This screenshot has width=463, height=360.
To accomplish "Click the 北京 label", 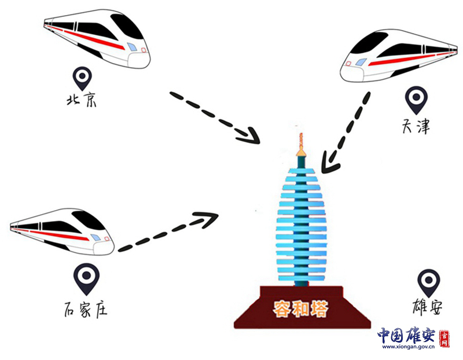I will pyautogui.click(x=82, y=100).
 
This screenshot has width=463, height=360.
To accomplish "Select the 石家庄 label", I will pyautogui.click(x=84, y=309).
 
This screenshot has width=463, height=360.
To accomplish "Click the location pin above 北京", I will pyautogui.click(x=83, y=77).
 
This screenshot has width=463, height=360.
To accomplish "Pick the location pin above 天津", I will pyautogui.click(x=415, y=99).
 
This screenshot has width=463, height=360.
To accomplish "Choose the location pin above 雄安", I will pyautogui.click(x=428, y=281).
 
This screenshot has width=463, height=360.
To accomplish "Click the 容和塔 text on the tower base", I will pyautogui.click(x=300, y=308).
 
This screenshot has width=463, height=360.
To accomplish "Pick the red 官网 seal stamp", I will pyautogui.click(x=444, y=339).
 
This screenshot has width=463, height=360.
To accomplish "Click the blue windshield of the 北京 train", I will pyautogui.click(x=133, y=46).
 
